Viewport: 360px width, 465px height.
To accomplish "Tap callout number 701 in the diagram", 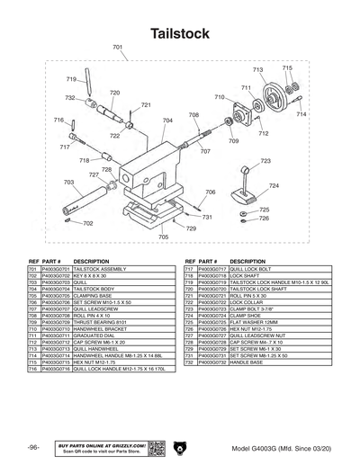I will pos(118,47).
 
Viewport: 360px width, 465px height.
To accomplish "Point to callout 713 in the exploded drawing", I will pos(257,69).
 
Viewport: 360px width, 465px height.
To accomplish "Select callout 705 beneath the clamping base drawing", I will pos(163,237).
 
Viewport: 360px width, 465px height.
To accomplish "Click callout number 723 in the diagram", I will pos(265,161).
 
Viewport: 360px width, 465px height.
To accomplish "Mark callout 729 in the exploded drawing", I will pos(191,228).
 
